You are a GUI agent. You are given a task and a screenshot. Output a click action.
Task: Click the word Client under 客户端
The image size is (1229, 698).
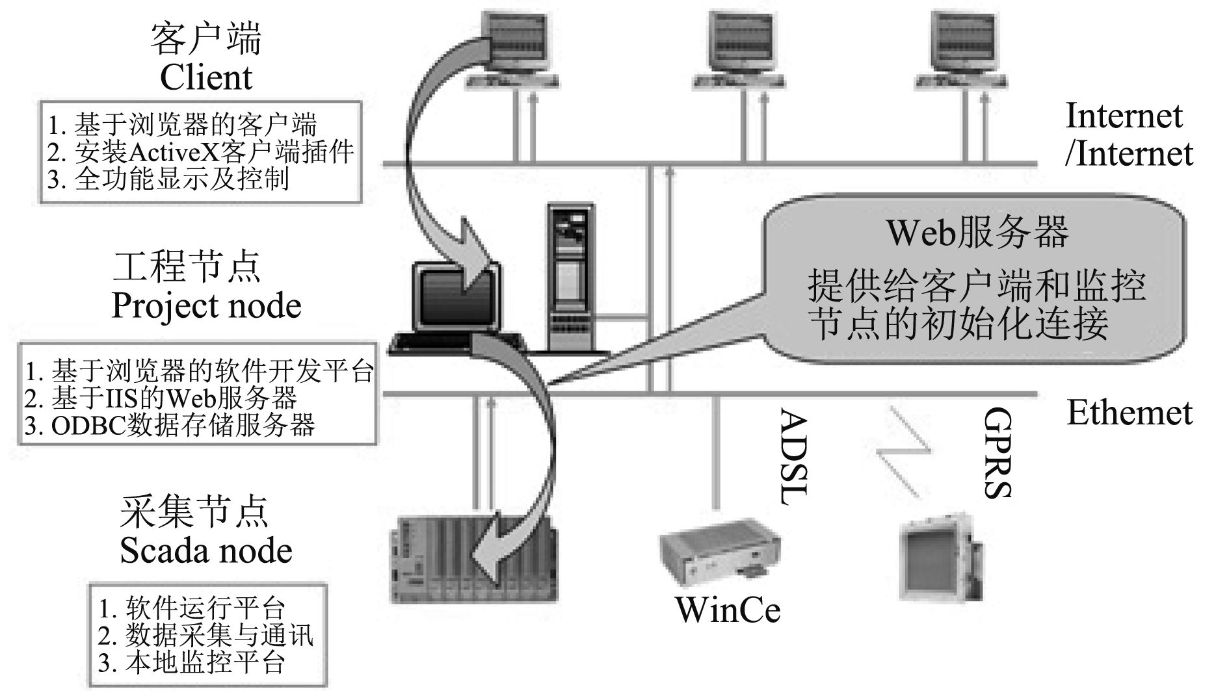(205, 78)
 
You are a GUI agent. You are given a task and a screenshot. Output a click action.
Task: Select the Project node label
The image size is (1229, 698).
(206, 305)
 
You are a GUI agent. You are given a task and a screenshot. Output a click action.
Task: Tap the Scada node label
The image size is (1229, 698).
(205, 550)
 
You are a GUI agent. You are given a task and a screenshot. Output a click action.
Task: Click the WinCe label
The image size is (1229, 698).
(727, 610)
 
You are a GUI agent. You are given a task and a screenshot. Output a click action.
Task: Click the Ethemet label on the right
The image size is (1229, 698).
(1130, 413)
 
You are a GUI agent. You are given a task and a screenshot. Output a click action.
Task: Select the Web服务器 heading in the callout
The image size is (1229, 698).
(977, 232)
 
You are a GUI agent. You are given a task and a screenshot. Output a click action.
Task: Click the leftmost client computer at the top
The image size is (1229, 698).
(514, 49)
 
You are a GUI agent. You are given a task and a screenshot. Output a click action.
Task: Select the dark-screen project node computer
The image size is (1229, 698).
(455, 305)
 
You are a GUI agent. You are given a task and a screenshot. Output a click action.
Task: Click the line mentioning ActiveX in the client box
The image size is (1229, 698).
(200, 152)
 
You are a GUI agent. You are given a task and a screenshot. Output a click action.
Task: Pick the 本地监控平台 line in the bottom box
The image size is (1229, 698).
(192, 662)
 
